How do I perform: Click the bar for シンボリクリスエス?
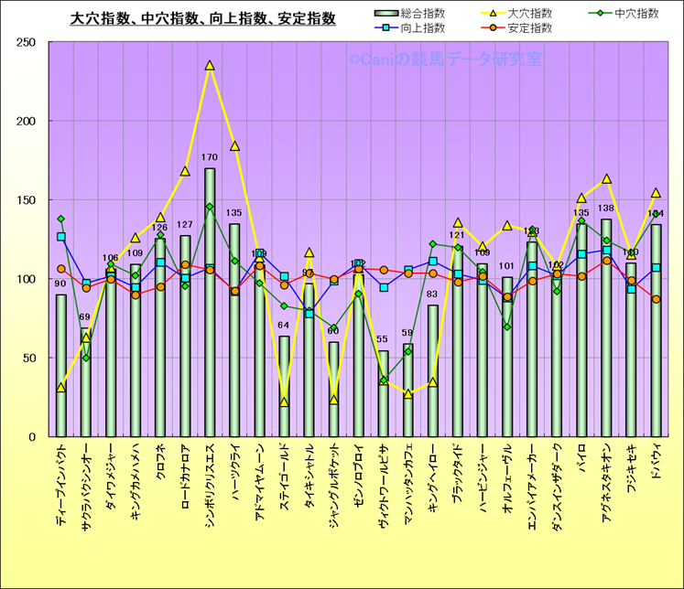coord(210,302)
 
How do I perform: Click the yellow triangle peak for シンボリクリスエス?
coord(210,66)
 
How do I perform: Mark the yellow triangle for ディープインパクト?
coord(61,388)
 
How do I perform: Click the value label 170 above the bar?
coord(210,157)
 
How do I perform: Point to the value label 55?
coord(383,339)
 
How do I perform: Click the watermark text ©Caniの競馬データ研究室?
coord(443,59)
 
